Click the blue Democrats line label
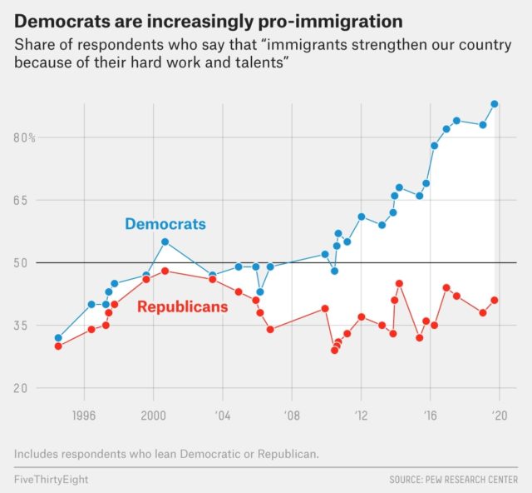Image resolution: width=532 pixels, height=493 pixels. pyautogui.click(x=165, y=224)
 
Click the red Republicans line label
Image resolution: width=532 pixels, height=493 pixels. pyautogui.click(x=182, y=307)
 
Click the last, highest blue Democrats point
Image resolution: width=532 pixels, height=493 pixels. pyautogui.click(x=495, y=104)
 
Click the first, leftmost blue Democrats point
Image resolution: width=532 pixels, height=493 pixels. pyautogui.click(x=58, y=338)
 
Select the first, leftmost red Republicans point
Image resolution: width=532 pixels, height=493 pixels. pyautogui.click(x=58, y=346)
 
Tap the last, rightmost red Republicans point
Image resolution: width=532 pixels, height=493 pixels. pyautogui.click(x=495, y=300)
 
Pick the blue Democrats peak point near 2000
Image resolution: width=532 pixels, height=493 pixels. pyautogui.click(x=165, y=242)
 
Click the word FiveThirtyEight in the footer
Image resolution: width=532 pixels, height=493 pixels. pyautogui.click(x=51, y=481)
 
